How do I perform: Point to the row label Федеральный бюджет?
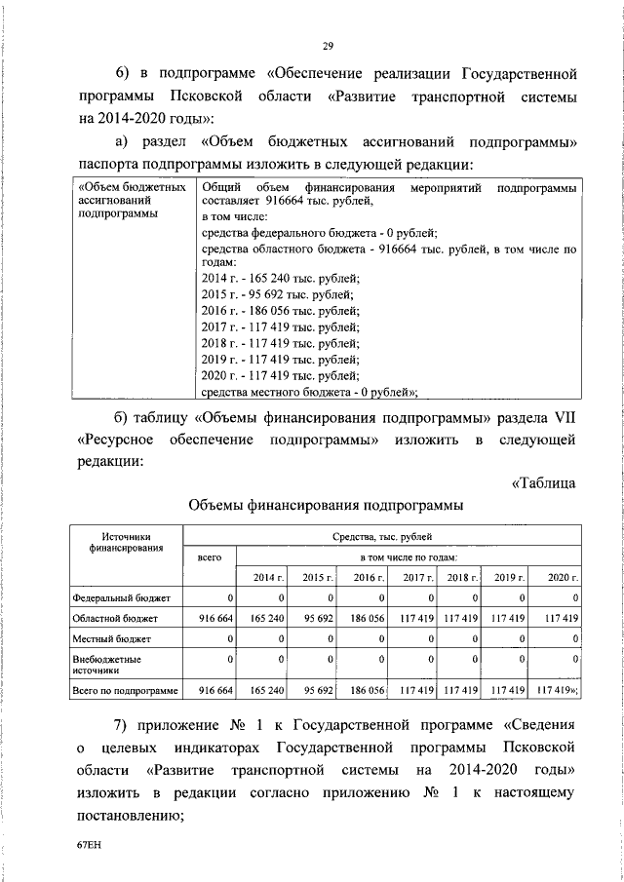tap(122, 597)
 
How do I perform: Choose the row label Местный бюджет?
tap(112, 638)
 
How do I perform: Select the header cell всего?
tap(210, 557)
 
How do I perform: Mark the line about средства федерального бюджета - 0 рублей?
tap(319, 232)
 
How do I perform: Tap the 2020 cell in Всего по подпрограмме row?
tap(558, 690)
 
